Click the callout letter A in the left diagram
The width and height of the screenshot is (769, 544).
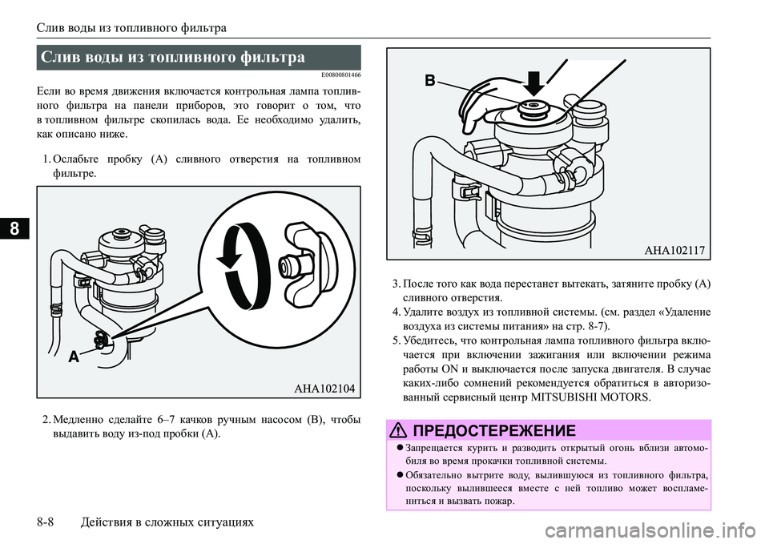point(74,357)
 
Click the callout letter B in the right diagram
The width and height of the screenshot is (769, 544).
point(429,80)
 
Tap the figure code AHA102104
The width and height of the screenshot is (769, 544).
point(324,389)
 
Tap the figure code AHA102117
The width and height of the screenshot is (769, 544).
point(674,251)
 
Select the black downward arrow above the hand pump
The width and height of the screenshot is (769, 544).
point(535,83)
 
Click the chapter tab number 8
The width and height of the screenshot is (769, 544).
point(15,228)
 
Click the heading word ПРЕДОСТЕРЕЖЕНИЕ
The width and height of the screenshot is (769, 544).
point(494,431)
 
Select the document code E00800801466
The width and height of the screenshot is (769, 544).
point(341,75)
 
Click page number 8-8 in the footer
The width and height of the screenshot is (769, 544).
point(45,522)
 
